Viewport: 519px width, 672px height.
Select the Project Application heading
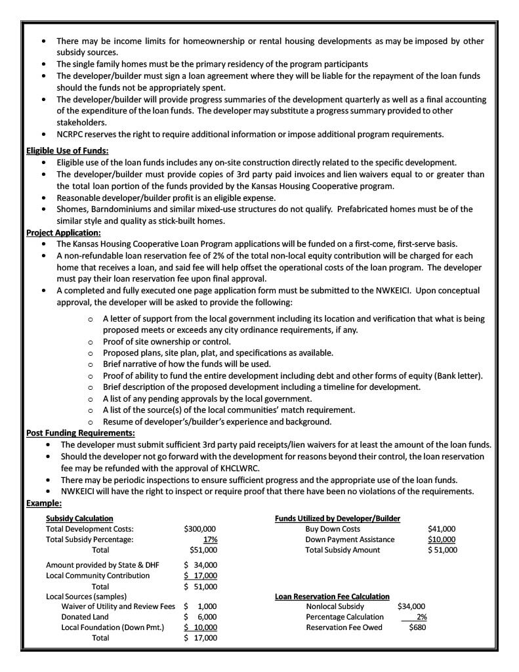pyautogui.click(x=64, y=232)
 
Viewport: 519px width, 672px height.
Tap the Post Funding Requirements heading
pyautogui.click(x=81, y=433)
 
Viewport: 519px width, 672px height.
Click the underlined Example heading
pyautogui.click(x=44, y=503)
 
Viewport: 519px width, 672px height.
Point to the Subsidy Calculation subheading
pyautogui.click(x=79, y=518)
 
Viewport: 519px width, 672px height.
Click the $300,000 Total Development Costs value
pyautogui.click(x=200, y=529)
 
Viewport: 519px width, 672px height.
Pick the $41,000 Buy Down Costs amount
pyautogui.click(x=441, y=529)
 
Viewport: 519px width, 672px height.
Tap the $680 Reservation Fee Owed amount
pyautogui.click(x=417, y=628)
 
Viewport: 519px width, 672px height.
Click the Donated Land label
pyautogui.click(x=85, y=617)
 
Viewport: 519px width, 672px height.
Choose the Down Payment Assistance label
pyautogui.click(x=350, y=539)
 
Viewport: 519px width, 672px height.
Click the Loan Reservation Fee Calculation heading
pyautogui.click(x=332, y=597)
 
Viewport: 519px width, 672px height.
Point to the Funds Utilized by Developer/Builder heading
pyautogui.click(x=337, y=518)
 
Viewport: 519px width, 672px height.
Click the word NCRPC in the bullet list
pyautogui.click(x=72, y=135)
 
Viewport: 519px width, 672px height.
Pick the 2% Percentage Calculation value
pyautogui.click(x=421, y=618)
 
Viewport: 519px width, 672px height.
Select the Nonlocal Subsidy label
pyautogui.click(x=335, y=607)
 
